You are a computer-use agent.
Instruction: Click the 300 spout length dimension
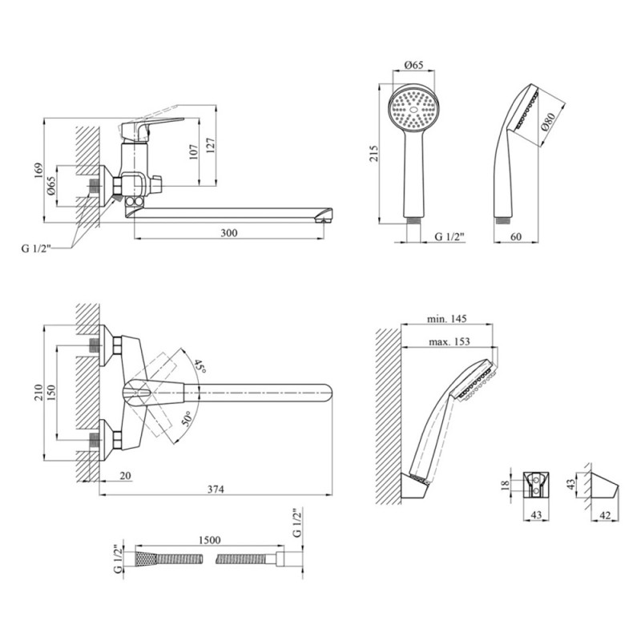tap(229, 233)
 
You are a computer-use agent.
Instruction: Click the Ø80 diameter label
tap(549, 121)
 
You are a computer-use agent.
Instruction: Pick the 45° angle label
tap(200, 369)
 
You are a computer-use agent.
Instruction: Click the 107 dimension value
tap(193, 153)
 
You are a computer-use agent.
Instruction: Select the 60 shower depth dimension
tap(515, 237)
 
